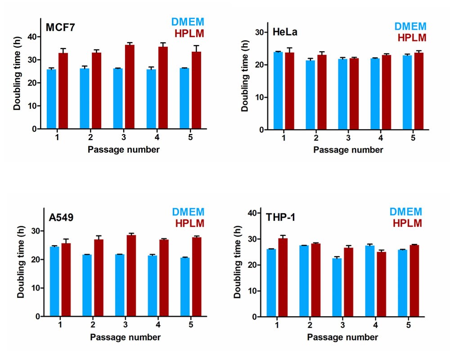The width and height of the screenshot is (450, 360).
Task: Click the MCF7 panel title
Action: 60,28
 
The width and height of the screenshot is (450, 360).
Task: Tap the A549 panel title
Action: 62,218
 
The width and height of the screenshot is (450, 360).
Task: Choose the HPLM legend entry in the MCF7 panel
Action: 189,33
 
